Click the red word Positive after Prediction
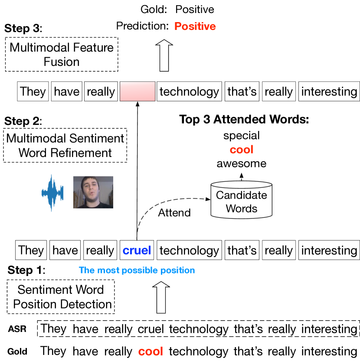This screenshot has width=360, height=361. pos(195,26)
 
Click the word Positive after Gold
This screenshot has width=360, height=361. pos(195,10)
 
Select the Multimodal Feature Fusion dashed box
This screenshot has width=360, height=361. pos(62,54)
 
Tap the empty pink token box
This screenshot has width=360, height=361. pos(137,91)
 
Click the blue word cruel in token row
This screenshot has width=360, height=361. pos(137,250)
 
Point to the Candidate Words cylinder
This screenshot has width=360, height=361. pos(242,200)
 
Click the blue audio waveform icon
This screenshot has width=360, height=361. pos(52,193)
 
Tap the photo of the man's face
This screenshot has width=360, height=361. pos(93,192)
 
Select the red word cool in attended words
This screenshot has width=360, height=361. pos(242,150)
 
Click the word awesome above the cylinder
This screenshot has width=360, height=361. pos(242,164)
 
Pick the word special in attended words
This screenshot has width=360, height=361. pos(242,136)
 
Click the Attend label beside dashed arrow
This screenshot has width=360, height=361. pos(174,212)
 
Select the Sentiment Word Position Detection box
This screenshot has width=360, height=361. pos(61,297)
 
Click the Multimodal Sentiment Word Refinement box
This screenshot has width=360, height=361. pos(65,146)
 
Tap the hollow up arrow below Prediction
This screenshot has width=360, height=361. pos(164,55)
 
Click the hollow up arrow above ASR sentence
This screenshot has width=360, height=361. pos(161,297)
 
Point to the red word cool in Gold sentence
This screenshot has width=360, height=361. pos(151,351)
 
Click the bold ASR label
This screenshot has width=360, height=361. pos(17,329)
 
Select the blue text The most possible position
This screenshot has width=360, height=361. pos(137,270)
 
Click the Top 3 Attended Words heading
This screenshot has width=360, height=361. pos(244,119)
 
